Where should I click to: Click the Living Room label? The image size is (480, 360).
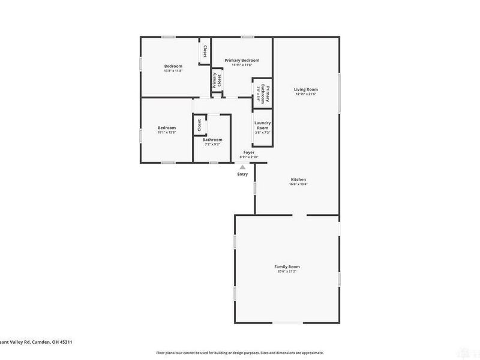pyautogui.click(x=306, y=89)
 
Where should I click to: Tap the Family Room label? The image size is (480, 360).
pyautogui.click(x=287, y=266)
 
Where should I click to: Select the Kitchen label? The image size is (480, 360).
pyautogui.click(x=299, y=180)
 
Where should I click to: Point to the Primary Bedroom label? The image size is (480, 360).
pyautogui.click(x=242, y=61)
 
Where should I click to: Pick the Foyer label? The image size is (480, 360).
pyautogui.click(x=248, y=152)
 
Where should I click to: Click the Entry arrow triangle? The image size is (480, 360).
pyautogui.click(x=242, y=167)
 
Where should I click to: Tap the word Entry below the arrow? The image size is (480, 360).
pyautogui.click(x=242, y=175)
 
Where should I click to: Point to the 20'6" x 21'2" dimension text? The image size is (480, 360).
pyautogui.click(x=287, y=272)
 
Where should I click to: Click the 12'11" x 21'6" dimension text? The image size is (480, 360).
pyautogui.click(x=306, y=94)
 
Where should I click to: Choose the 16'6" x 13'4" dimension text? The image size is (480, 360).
pyautogui.click(x=299, y=185)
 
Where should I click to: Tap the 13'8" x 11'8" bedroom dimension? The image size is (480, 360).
pyautogui.click(x=173, y=71)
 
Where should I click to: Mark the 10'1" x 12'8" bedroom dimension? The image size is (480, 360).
pyautogui.click(x=167, y=133)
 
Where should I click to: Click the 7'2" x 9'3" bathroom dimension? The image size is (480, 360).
pyautogui.click(x=212, y=145)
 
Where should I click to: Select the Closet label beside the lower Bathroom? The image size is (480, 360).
pyautogui.click(x=199, y=125)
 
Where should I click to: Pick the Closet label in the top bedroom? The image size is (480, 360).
pyautogui.click(x=205, y=52)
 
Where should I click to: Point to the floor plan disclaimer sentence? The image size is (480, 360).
pyautogui.click(x=240, y=353)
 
